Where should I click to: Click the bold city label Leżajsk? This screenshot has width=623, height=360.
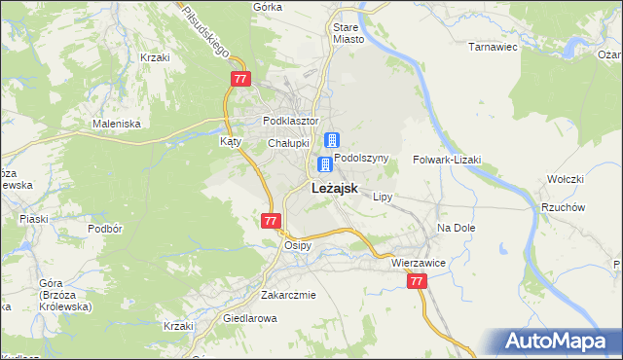336,189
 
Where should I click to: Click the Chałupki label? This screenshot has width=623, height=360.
289,143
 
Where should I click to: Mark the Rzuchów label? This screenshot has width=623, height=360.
563,207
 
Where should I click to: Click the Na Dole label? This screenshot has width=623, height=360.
455,227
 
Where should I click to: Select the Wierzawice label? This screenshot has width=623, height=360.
419,263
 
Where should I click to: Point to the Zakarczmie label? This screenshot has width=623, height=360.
288,295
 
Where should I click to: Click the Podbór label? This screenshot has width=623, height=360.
102,229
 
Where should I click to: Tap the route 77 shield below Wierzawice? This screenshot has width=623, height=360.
417,280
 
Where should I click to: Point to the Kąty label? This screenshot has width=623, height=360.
230,141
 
